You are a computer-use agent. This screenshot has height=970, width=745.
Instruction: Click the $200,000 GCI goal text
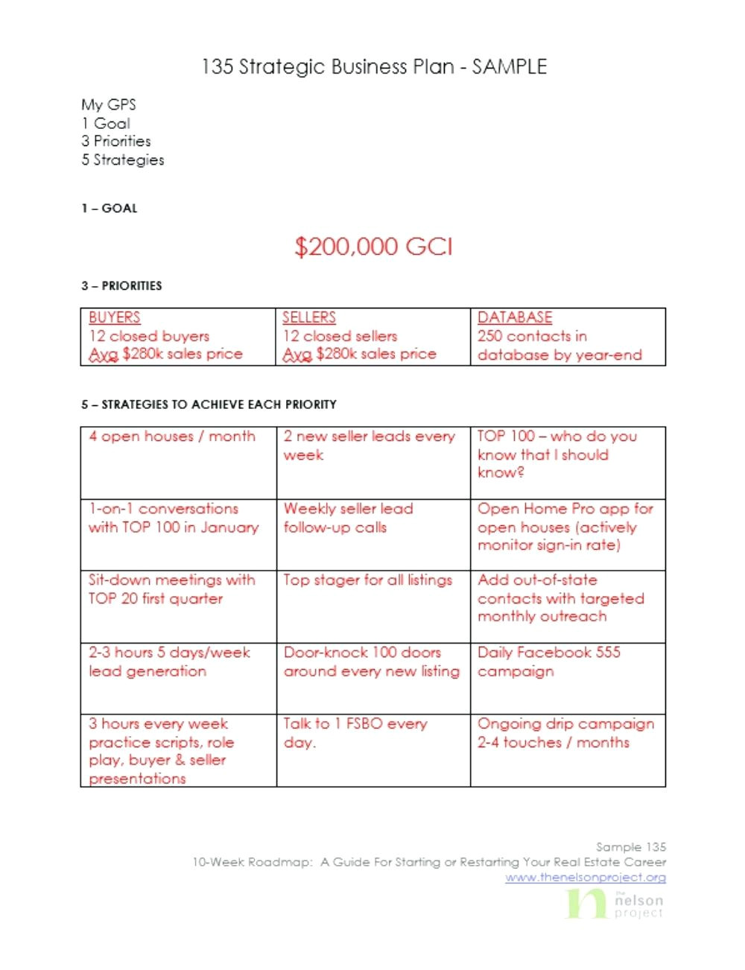click(x=373, y=247)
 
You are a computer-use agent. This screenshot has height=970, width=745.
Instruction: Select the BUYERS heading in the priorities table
click(x=114, y=317)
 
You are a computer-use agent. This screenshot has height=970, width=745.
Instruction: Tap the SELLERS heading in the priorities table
click(x=308, y=317)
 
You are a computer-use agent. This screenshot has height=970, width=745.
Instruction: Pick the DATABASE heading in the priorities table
click(x=515, y=317)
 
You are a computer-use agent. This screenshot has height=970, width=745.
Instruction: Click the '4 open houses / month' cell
click(x=172, y=437)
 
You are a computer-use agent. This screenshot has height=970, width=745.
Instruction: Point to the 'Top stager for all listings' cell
click(x=367, y=580)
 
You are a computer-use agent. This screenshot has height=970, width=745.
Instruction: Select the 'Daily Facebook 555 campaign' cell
click(x=548, y=662)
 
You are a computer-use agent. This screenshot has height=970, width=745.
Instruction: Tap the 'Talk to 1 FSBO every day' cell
click(x=355, y=733)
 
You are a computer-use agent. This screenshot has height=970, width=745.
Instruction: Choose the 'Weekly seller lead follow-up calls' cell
click(x=348, y=518)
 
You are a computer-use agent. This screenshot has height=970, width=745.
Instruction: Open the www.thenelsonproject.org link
click(x=586, y=878)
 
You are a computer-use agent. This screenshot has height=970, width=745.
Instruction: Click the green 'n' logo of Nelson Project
click(x=586, y=902)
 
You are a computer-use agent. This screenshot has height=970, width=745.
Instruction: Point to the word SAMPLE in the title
click(x=510, y=67)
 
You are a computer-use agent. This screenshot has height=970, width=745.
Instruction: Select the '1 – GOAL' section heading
click(x=110, y=209)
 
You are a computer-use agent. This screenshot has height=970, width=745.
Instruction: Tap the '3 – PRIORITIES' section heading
click(x=121, y=286)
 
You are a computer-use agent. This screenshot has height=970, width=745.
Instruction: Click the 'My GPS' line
click(x=109, y=105)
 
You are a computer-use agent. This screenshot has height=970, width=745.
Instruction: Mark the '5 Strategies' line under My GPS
click(x=123, y=160)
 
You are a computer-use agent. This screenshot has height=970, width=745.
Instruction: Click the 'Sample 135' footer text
click(x=631, y=847)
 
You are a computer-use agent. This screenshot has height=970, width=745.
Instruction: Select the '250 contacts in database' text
click(x=559, y=346)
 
